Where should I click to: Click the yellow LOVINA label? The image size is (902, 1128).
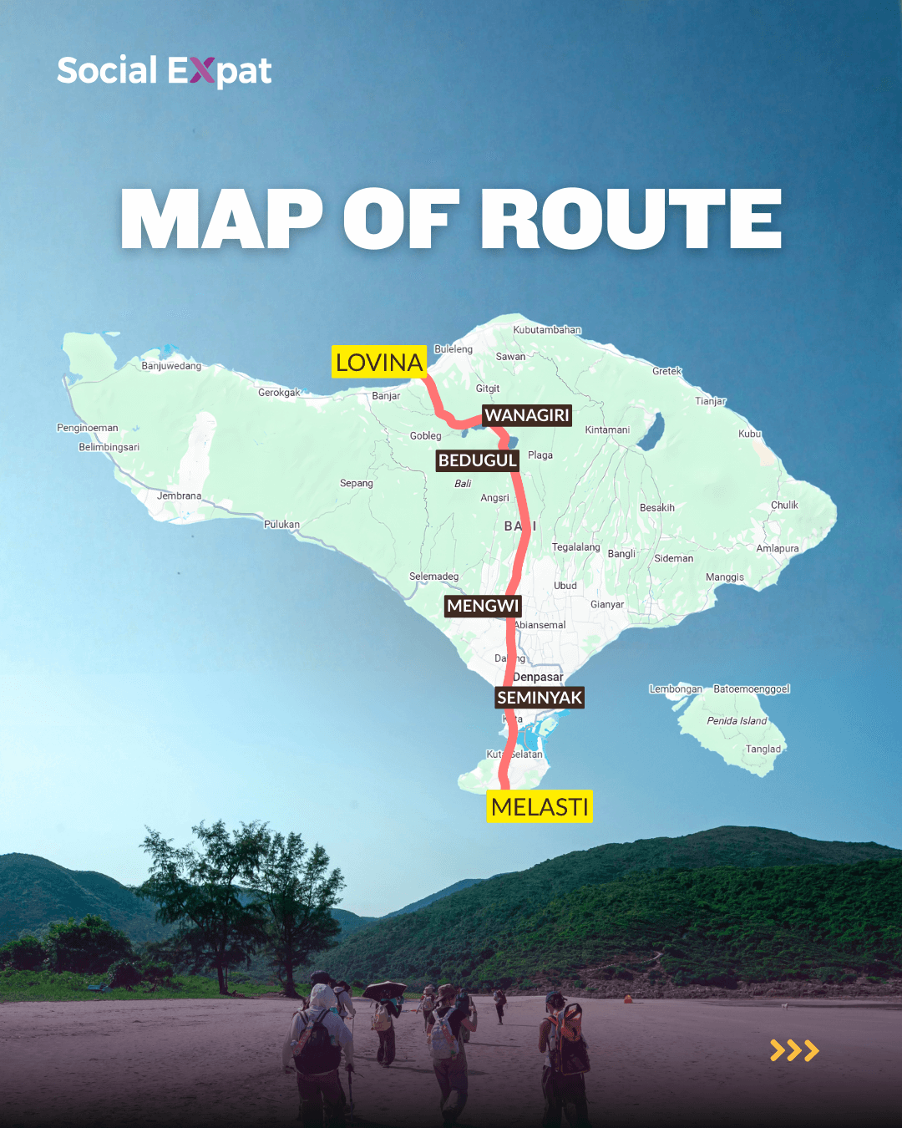[x=379, y=362]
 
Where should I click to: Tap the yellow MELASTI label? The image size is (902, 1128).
[x=540, y=806]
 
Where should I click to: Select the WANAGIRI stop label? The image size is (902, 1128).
[x=527, y=415]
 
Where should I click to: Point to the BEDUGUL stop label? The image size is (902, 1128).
[x=478, y=460]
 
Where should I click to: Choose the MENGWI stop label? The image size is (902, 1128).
[x=483, y=606]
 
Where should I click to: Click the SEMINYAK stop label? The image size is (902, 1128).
[x=540, y=698]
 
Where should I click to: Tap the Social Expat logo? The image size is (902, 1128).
[x=165, y=71]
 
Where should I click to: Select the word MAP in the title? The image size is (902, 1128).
[x=221, y=219]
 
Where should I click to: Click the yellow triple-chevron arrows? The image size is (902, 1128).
[x=794, y=1050]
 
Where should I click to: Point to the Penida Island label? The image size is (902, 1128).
[x=737, y=721]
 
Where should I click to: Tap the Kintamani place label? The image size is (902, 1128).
[x=607, y=430]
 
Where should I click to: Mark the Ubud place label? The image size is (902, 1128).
[x=565, y=586]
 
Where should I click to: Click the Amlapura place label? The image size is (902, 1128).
[x=778, y=549]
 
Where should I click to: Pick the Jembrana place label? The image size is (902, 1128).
[x=179, y=496]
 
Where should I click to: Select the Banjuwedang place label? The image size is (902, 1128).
[x=171, y=366]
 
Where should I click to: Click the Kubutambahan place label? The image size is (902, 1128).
[x=547, y=330]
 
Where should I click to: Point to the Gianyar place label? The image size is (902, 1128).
[x=607, y=605]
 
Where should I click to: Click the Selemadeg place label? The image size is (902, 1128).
[x=433, y=577]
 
